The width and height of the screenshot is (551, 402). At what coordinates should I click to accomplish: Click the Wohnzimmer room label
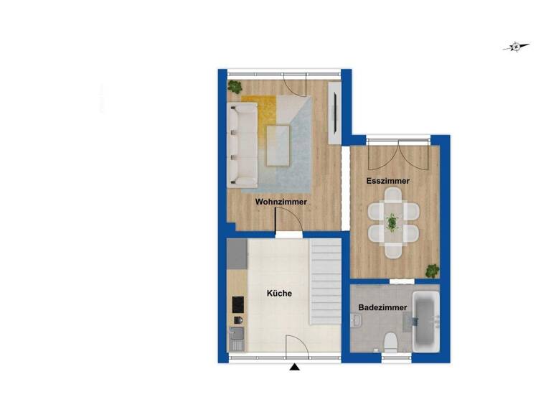pos(281,202)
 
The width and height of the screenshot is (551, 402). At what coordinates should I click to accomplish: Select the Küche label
pos(278,294)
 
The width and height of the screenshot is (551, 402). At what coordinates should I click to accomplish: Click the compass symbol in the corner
pos(516,47)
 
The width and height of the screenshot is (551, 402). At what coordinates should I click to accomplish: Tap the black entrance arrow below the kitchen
pos(294,368)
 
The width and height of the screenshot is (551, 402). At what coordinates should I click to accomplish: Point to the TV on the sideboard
pos(333,113)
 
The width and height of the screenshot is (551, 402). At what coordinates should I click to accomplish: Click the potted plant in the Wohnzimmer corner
pos(235,88)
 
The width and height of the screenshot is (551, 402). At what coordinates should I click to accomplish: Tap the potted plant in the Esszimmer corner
pos(432,271)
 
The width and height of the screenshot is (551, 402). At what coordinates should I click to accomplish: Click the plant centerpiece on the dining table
pos(392,223)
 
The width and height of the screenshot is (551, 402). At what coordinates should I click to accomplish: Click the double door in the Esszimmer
pos(394,154)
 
